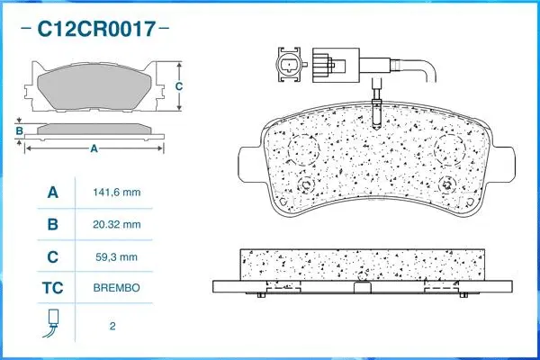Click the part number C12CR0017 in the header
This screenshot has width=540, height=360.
[x=94, y=30]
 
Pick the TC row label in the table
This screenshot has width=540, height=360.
[x=52, y=290]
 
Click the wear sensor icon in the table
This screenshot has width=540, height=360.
[x=52, y=323]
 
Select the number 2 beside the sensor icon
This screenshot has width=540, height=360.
[x=112, y=325]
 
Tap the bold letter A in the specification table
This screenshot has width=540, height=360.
[x=52, y=193]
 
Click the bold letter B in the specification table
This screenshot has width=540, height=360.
[x=52, y=224]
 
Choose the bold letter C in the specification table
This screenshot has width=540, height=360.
[x=52, y=256]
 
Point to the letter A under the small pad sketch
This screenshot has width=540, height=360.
[x=94, y=149]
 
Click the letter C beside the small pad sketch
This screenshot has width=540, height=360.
[x=179, y=86]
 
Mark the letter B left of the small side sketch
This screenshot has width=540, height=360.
[x=19, y=131]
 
